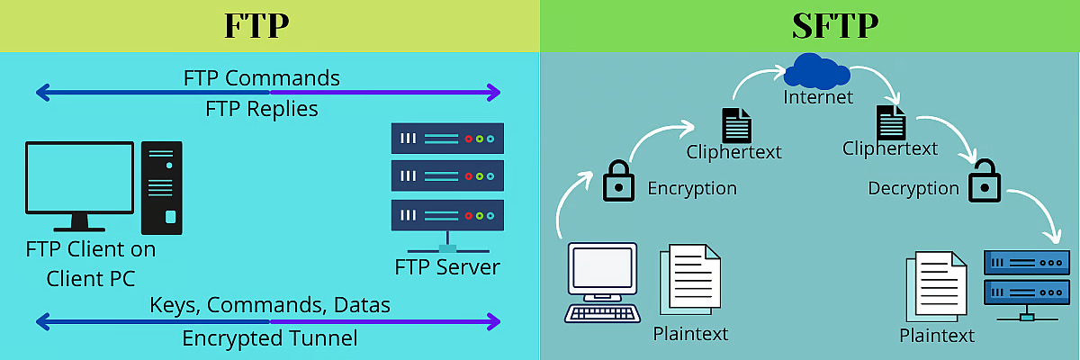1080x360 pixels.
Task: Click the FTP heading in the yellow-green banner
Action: (x=256, y=25)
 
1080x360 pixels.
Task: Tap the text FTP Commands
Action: (x=261, y=78)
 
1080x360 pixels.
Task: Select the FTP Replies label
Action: (x=261, y=109)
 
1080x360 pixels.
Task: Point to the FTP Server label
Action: (x=447, y=267)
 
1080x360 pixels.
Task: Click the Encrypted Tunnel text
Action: (x=270, y=338)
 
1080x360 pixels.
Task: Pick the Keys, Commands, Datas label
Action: (x=270, y=305)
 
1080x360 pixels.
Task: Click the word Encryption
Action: (x=692, y=188)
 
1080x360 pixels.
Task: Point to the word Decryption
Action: (x=913, y=188)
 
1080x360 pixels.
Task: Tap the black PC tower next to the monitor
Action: (x=162, y=187)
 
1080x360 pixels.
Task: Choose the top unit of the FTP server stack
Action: (x=447, y=139)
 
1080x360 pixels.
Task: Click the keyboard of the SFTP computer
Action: (x=602, y=312)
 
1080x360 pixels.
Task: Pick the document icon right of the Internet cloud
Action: (x=891, y=121)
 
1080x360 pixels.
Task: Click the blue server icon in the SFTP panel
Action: (x=1022, y=280)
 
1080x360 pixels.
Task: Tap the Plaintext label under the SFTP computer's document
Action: (x=690, y=334)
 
